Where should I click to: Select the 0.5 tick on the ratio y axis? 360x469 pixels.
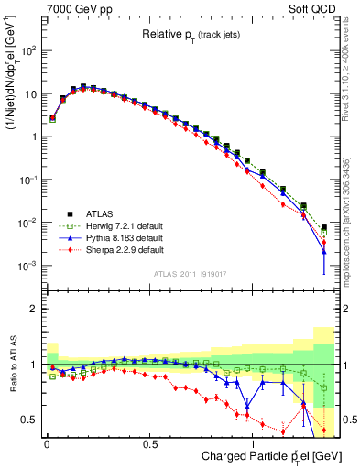tap(30, 420)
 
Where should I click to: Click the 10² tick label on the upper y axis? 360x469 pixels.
tap(29, 50)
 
